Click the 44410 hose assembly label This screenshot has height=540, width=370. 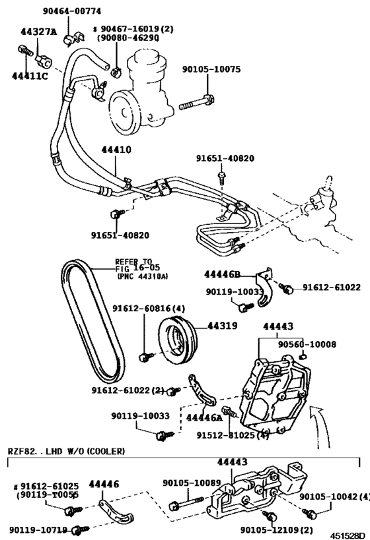click(x=116, y=150)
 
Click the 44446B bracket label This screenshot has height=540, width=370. click(x=223, y=273)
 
